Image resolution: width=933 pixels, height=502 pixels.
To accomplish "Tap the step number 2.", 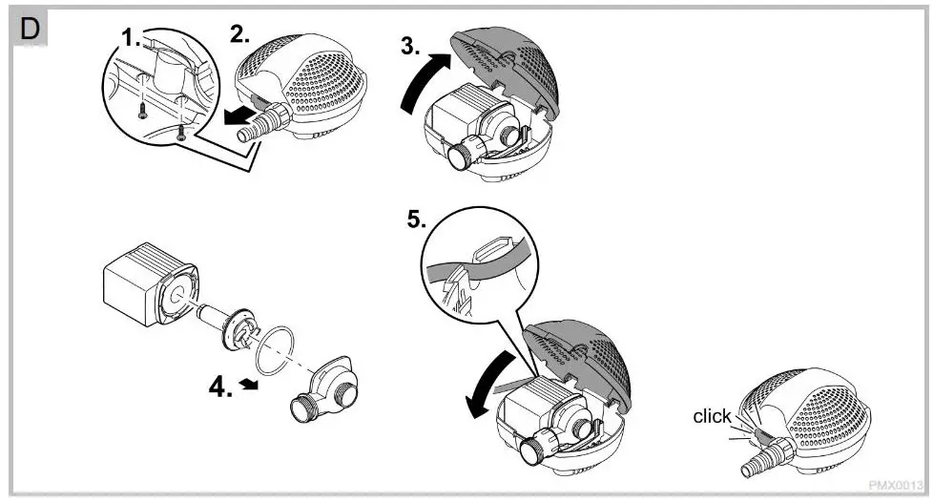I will coord(239,35).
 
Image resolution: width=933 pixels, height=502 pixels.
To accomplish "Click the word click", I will coord(712,416).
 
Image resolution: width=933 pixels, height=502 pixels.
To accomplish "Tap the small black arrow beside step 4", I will coord(251,383).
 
